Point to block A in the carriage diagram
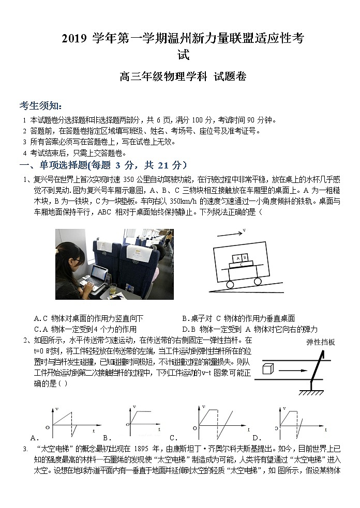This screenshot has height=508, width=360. click(x=237, y=257)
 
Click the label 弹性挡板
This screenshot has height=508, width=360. click(x=321, y=342)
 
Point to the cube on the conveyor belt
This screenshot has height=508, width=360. click(x=267, y=369)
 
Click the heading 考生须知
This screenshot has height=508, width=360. click(x=40, y=106)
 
